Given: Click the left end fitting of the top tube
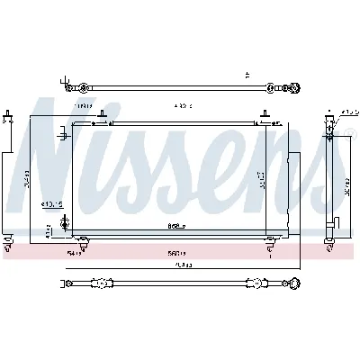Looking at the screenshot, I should pyautogui.click(x=83, y=87).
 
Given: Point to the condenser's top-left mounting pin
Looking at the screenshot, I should pyautogui.click(x=103, y=114).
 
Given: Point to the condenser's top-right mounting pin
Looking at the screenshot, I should pyautogui.click(x=263, y=114).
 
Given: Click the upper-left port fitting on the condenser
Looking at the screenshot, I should pyautogui.click(x=63, y=136).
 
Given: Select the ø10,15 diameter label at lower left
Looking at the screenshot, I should pyautogui.click(x=50, y=204).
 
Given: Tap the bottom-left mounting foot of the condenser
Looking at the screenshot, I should pyautogui.click(x=83, y=240).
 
